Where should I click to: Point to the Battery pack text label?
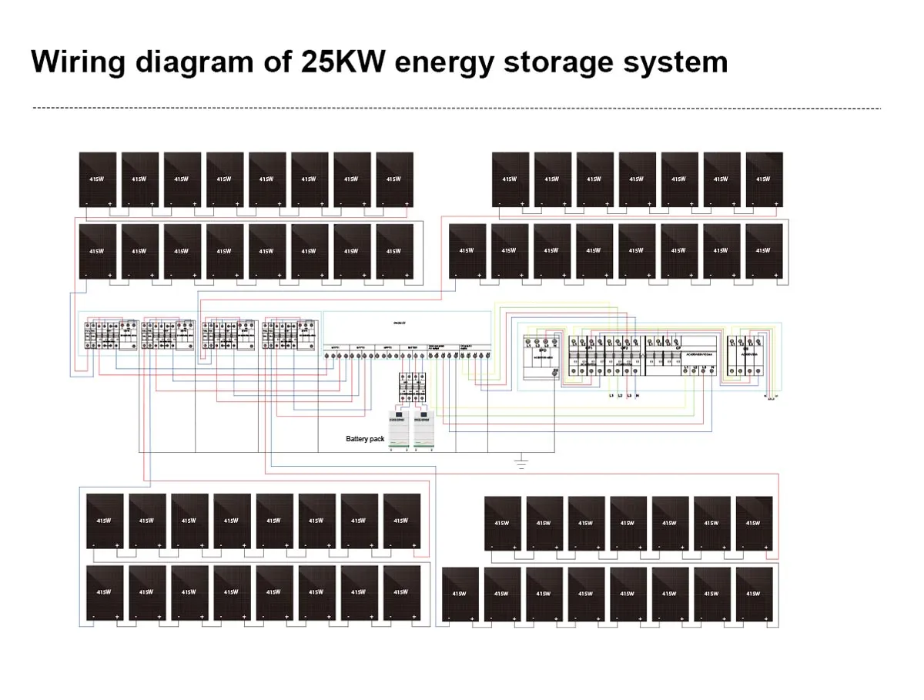(x=364, y=438)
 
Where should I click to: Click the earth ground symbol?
(x=521, y=464)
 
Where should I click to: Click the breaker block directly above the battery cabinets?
(x=411, y=386)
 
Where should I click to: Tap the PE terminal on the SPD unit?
(x=555, y=372)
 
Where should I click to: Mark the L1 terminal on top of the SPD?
(x=528, y=340)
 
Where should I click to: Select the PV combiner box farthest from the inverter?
(x=109, y=336)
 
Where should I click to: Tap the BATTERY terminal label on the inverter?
(x=413, y=347)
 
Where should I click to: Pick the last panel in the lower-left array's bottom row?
(x=401, y=592)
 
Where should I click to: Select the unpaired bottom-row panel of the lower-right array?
(x=460, y=594)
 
